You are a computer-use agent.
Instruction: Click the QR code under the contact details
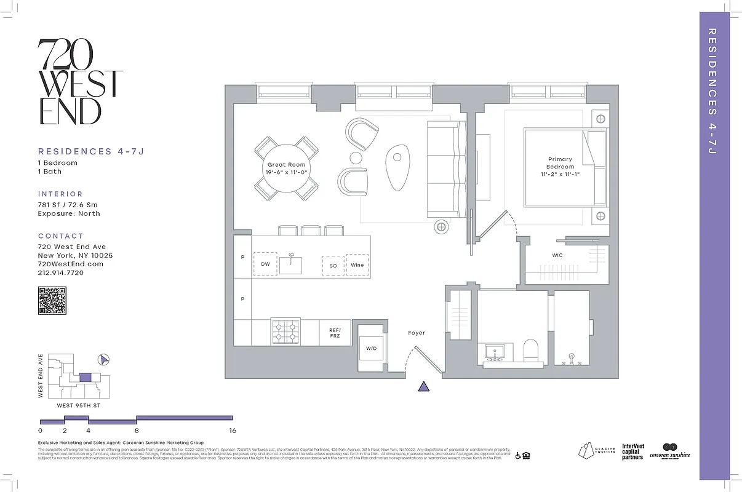[52, 301]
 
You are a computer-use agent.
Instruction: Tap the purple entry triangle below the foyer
[423, 386]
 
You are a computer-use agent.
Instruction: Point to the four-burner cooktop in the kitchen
[285, 331]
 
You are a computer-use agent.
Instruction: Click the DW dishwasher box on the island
[265, 264]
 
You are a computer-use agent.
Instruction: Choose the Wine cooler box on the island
[357, 264]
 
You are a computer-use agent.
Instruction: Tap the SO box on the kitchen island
[333, 265]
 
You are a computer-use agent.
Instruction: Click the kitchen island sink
[290, 264]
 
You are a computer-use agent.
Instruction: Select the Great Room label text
[286, 165]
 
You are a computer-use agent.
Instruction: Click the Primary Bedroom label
[560, 163]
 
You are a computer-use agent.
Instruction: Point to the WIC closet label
[557, 255]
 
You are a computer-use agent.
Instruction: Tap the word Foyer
[417, 333]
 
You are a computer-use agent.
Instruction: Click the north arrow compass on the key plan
[104, 360]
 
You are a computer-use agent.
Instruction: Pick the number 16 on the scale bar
[232, 430]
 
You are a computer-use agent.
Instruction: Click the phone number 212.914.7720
[61, 272]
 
